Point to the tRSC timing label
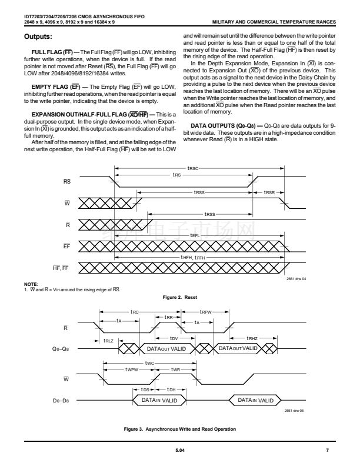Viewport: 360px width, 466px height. [x=192, y=169]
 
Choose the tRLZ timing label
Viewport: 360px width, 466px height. [x=108, y=340]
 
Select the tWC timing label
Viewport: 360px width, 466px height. [x=150, y=363]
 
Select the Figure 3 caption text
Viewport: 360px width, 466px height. [x=179, y=428]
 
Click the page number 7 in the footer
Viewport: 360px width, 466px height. [x=326, y=450]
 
